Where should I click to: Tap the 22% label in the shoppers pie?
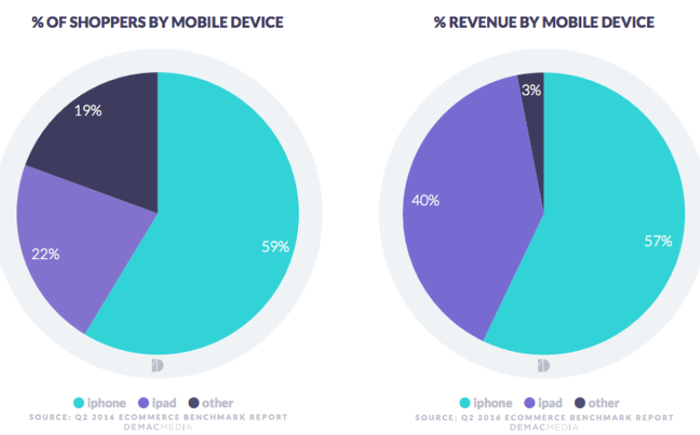45,254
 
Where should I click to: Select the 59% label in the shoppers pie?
275,246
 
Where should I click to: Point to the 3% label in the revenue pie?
532,89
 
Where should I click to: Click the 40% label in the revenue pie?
426,200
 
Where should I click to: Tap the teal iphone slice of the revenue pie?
598,260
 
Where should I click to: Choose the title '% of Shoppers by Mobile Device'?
158,22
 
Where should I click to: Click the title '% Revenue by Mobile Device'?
544,22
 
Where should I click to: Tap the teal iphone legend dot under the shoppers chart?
78,403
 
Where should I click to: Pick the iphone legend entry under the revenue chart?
484,403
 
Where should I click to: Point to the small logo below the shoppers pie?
158,365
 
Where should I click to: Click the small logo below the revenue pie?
544,365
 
